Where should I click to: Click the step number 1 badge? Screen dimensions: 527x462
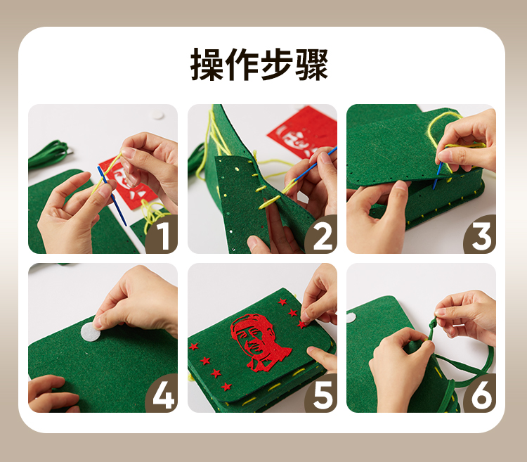click(162, 235)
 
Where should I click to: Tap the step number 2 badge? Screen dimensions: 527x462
click(322, 235)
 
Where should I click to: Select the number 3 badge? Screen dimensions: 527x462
click(481, 235)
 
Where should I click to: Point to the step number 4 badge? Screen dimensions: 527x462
click(162, 394)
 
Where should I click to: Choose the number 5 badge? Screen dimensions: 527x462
click(322, 394)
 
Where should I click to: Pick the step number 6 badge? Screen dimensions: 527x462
click(481, 394)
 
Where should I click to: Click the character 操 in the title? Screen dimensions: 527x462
click(207, 64)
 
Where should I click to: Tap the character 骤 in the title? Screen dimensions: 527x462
click(311, 64)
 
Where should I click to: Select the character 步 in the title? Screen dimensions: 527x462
click(277, 64)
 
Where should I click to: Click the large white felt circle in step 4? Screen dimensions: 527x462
click(91, 331)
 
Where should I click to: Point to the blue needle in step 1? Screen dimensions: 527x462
click(112, 195)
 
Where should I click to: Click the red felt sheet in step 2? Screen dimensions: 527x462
click(304, 131)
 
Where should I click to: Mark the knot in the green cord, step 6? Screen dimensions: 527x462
click(433, 325)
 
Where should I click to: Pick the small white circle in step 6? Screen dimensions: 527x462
click(351, 317)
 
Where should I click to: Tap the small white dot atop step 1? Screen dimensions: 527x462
click(157, 115)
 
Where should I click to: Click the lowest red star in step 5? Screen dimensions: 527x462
click(226, 387)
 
